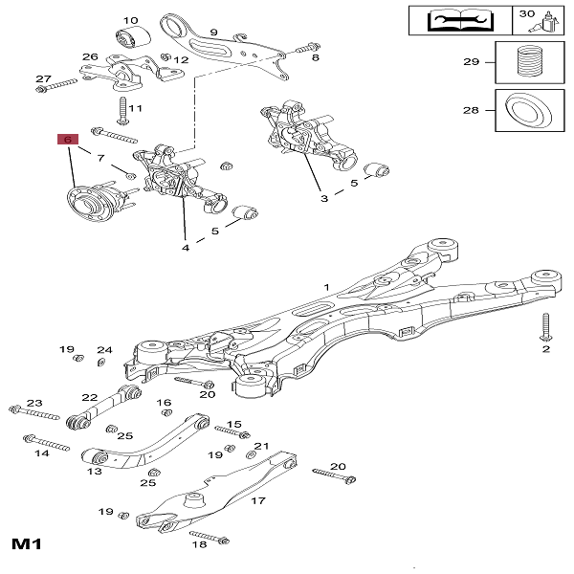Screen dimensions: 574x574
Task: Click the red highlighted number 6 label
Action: [x=67, y=139]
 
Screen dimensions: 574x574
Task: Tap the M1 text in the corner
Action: [x=28, y=546]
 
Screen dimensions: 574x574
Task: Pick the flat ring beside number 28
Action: [x=527, y=110]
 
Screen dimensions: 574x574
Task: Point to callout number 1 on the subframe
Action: [x=326, y=286]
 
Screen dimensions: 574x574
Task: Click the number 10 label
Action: [x=131, y=20]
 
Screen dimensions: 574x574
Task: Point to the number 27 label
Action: [x=43, y=77]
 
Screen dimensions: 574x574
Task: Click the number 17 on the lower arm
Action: [x=257, y=499]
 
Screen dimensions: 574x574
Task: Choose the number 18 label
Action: [x=199, y=545]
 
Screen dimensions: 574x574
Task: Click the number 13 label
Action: [x=95, y=471]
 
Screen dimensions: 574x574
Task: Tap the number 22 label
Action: [x=90, y=397]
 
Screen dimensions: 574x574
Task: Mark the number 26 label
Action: [x=90, y=57]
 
